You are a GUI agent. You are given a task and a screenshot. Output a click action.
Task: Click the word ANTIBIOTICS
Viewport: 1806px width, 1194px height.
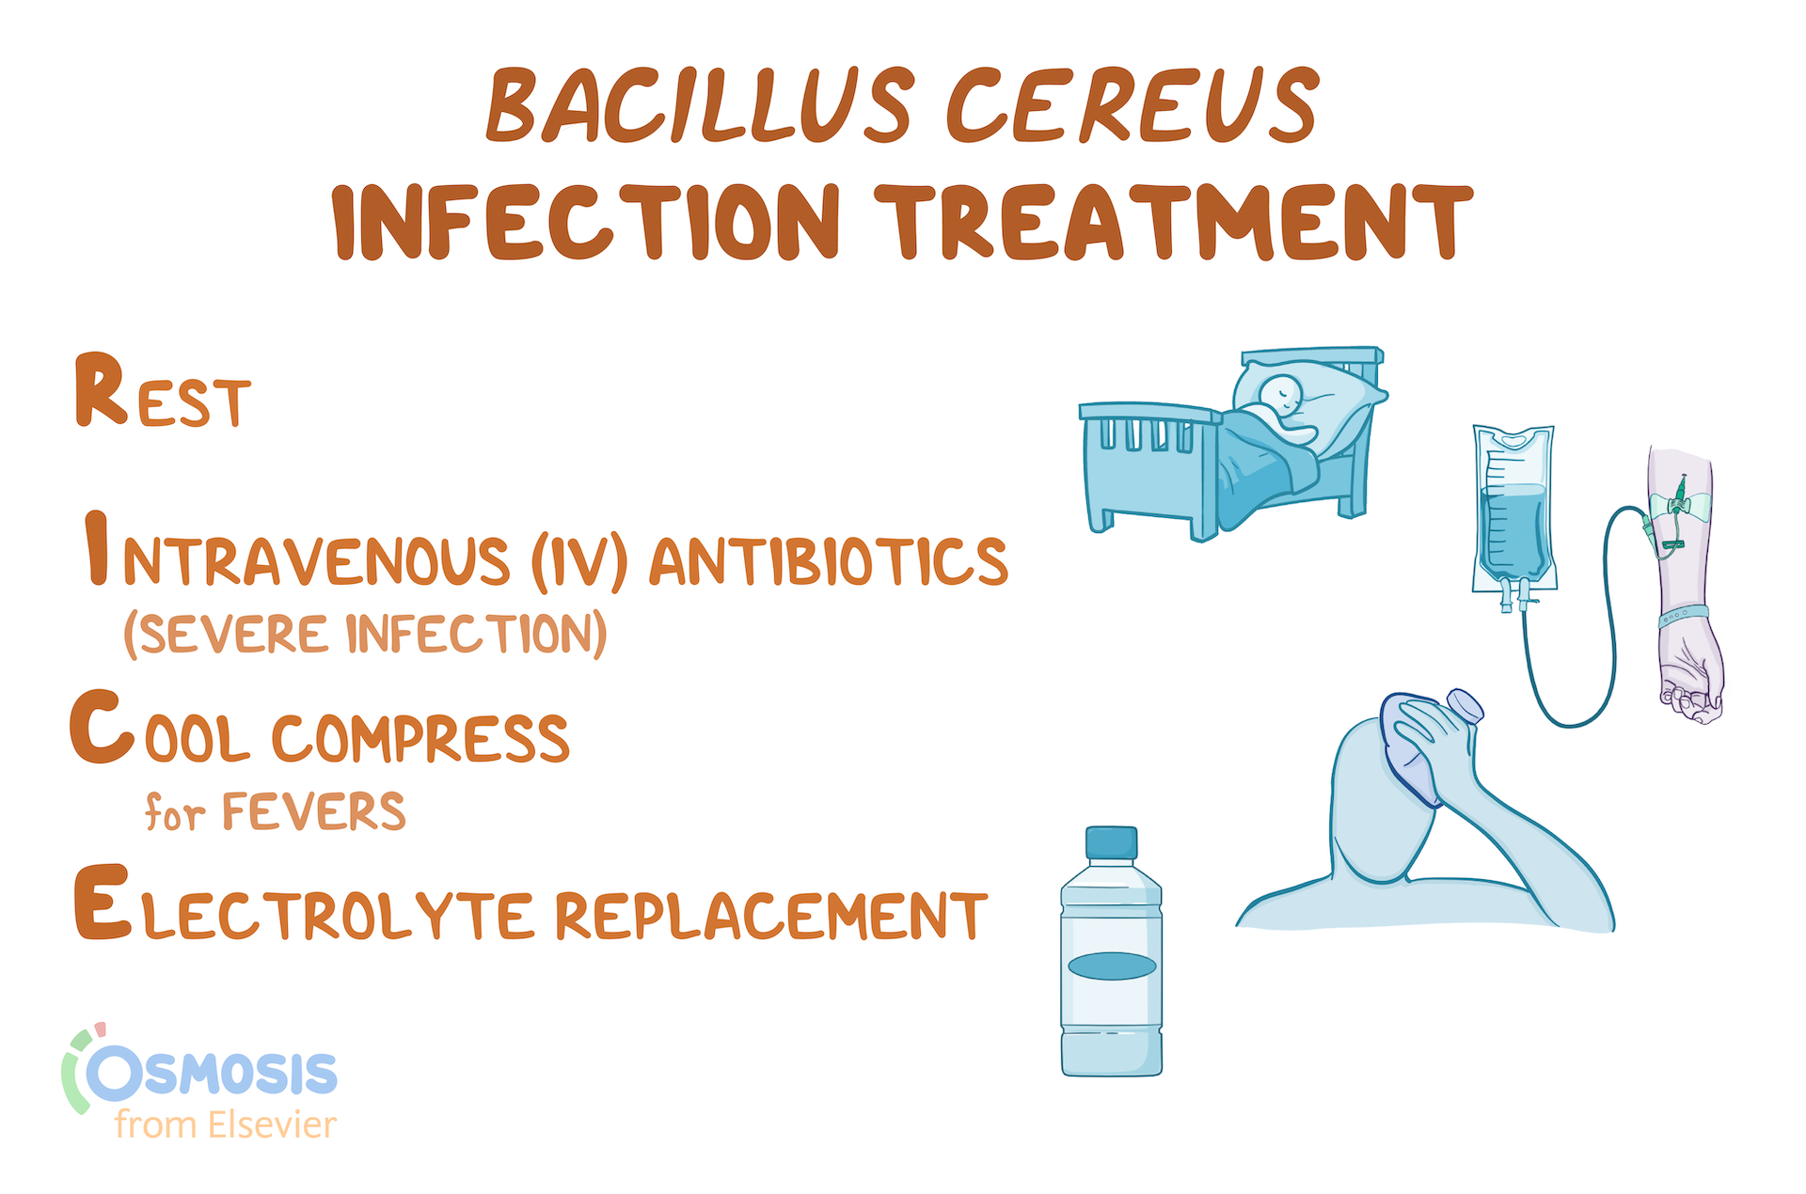(x=829, y=561)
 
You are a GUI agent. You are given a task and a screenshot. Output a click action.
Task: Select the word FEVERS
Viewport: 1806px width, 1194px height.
(x=313, y=811)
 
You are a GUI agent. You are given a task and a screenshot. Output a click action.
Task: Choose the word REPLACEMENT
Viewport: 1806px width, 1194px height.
(x=770, y=915)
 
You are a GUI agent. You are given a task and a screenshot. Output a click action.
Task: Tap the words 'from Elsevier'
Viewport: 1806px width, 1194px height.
(x=226, y=1124)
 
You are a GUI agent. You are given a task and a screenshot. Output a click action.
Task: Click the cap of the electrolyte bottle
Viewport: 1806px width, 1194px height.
(x=1111, y=842)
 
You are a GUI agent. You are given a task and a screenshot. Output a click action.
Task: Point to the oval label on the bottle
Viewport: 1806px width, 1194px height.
(x=1112, y=966)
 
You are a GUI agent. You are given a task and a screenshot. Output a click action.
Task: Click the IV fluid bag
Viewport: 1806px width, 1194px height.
(x=1513, y=512)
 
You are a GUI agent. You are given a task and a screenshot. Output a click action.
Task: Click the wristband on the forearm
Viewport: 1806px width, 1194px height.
(x=1683, y=616)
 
